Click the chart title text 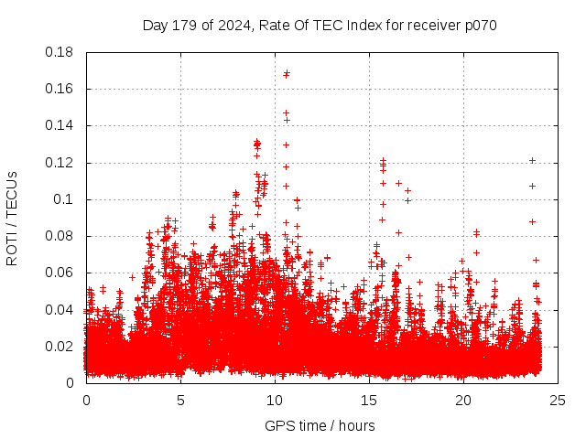[x=320, y=25]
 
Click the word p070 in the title [x=479, y=25]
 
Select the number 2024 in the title [x=229, y=25]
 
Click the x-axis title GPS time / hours [x=320, y=425]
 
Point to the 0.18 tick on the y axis [x=60, y=52]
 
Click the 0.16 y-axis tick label [x=60, y=89]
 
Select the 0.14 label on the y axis [x=60, y=125]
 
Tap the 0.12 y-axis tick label [x=60, y=163]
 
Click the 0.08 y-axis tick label [x=60, y=236]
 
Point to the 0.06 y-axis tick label [x=60, y=273]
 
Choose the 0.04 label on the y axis [x=60, y=309]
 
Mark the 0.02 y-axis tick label [x=60, y=346]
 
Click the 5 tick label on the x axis [x=180, y=400]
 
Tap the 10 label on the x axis [x=275, y=400]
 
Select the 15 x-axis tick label [x=369, y=400]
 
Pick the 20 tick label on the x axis [x=463, y=400]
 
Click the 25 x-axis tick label [x=558, y=400]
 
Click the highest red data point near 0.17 [x=287, y=73]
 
